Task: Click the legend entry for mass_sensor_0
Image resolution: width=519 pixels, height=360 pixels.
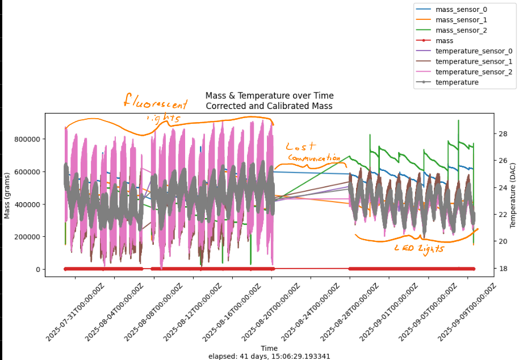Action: point(461,10)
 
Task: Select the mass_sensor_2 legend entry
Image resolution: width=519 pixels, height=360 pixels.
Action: point(461,30)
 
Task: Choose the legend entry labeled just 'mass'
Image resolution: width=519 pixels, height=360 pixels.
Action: point(444,40)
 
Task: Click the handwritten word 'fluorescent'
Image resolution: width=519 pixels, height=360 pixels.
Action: point(156,103)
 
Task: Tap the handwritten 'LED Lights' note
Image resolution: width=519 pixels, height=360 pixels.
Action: point(420,248)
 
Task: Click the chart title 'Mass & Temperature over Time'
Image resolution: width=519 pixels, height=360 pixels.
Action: point(269,95)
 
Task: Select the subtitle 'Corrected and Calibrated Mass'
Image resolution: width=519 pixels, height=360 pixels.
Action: point(269,106)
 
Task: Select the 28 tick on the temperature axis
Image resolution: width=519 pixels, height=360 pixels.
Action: point(487,134)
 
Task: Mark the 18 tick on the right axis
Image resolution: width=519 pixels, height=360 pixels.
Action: point(487,269)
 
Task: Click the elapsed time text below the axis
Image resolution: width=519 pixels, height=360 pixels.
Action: point(269,356)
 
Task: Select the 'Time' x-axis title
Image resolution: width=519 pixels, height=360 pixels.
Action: point(269,348)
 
